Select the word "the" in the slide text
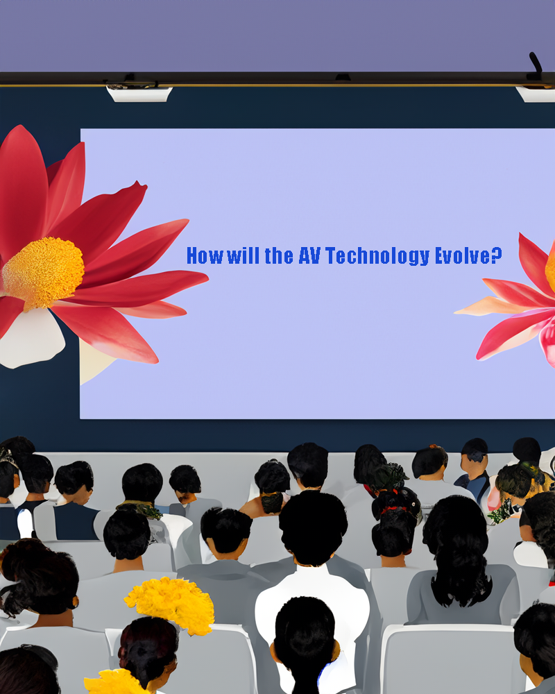279,256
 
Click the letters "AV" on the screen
309,256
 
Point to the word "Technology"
377,257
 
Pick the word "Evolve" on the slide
463,256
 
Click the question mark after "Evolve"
497,255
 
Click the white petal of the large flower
31,337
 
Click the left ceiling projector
139,93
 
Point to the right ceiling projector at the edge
536,94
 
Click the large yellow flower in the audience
171,604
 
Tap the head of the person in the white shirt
313,529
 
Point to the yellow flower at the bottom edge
114,682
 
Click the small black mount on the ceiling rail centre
343,78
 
